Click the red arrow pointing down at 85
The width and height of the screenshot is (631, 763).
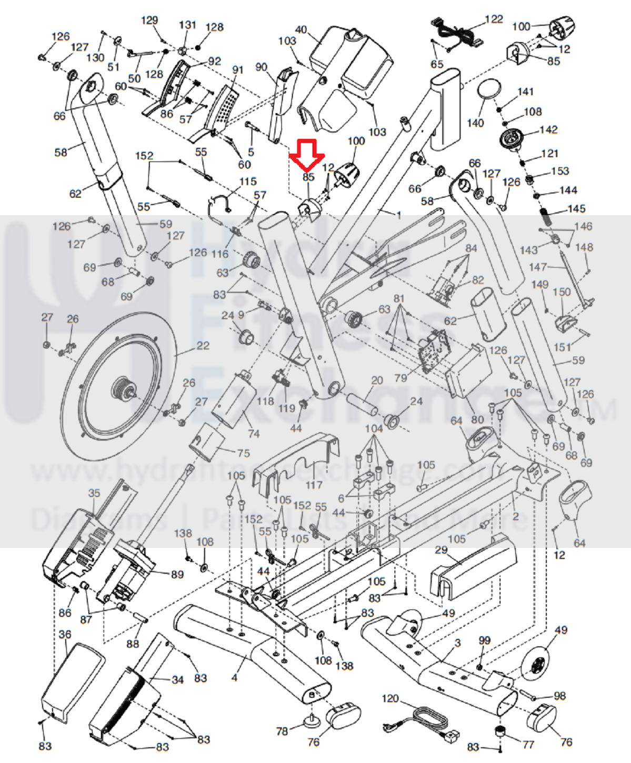(x=308, y=153)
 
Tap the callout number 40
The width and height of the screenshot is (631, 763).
(x=301, y=30)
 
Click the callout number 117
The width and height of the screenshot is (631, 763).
(x=314, y=484)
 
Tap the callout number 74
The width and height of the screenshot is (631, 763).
(x=254, y=434)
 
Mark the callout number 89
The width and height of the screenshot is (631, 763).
(x=177, y=574)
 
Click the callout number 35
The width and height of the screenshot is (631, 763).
(x=94, y=494)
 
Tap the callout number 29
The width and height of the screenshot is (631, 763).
(x=441, y=550)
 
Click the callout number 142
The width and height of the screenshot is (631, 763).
(x=548, y=130)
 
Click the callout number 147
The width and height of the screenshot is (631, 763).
(x=538, y=267)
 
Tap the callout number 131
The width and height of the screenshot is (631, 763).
(x=187, y=25)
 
